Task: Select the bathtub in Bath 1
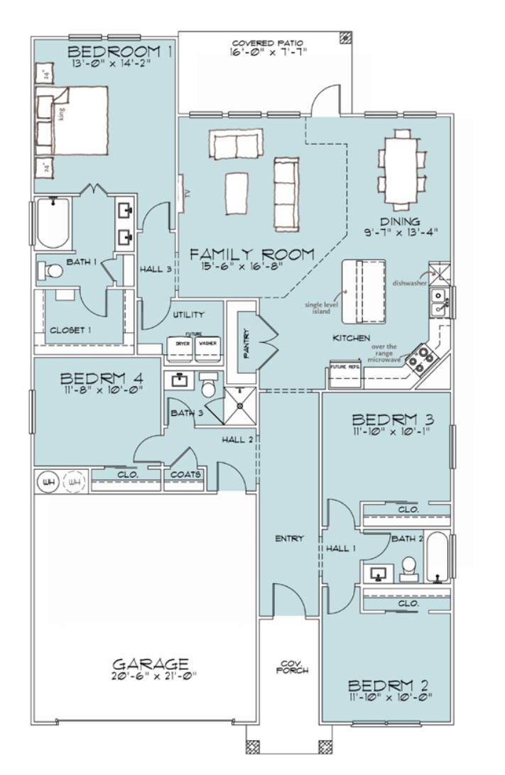[53, 222]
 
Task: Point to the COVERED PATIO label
[264, 43]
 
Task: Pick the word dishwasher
[409, 282]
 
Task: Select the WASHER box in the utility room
[207, 344]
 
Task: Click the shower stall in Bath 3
[241, 405]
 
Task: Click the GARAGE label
[151, 664]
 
